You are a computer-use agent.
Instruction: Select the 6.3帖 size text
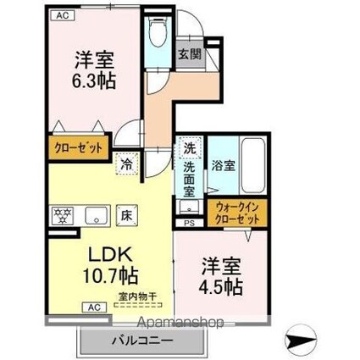coord(94,82)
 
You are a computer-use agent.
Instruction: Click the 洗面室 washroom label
coord(189,177)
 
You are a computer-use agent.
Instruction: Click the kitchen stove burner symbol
coord(63,214)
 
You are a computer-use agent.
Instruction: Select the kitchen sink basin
coord(94,214)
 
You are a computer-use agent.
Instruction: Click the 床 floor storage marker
coord(124,214)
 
